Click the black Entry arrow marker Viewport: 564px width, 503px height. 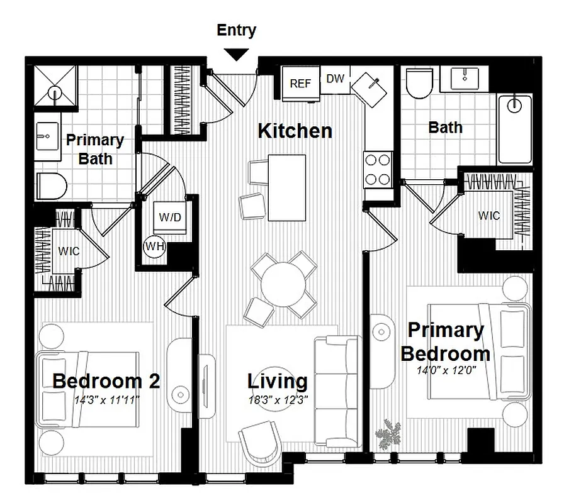coord(237,54)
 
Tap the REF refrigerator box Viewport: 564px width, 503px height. coord(300,84)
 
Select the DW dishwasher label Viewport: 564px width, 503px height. coord(336,79)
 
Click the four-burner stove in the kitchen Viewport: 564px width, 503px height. coord(378,169)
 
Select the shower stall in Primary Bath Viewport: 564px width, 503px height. coord(54,86)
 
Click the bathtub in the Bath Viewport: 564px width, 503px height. coord(514,129)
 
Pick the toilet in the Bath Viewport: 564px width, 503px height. coord(418,84)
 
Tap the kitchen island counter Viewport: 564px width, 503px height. coord(286,187)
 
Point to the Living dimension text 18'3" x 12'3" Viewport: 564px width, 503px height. coord(278,399)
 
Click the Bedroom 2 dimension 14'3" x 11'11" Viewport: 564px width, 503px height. coord(106,399)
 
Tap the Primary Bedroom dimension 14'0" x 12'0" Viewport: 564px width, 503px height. coord(445,370)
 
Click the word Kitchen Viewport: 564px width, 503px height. coord(295,131)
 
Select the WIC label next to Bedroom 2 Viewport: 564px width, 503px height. coord(69,251)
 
